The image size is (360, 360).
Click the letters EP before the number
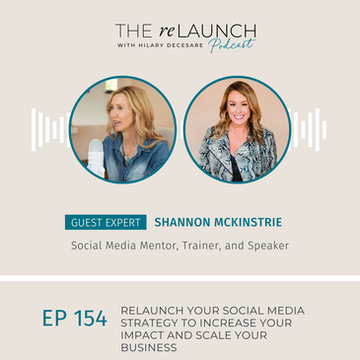[53, 321]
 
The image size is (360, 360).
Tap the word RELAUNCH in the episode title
[153, 310]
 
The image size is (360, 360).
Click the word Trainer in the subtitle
[207, 249]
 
